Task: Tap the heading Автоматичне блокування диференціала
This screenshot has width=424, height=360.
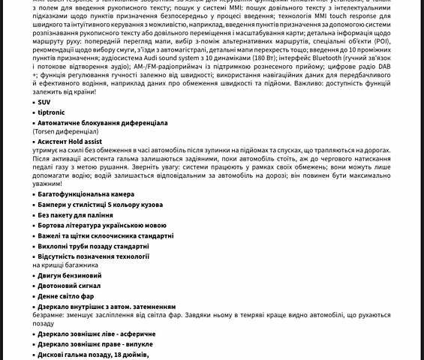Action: pyautogui.click(x=102, y=122)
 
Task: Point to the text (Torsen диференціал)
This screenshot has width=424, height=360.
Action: pyautogui.click(x=71, y=131)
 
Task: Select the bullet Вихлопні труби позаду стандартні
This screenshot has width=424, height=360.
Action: pyautogui.click(x=93, y=246)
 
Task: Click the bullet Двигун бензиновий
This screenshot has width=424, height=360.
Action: pyautogui.click(x=69, y=276)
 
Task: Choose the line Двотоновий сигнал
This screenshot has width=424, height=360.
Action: pyautogui.click(x=68, y=286)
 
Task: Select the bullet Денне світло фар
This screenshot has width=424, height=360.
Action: pyautogui.click(x=66, y=296)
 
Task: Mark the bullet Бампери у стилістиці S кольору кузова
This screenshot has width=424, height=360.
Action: pyautogui.click(x=110, y=205)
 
